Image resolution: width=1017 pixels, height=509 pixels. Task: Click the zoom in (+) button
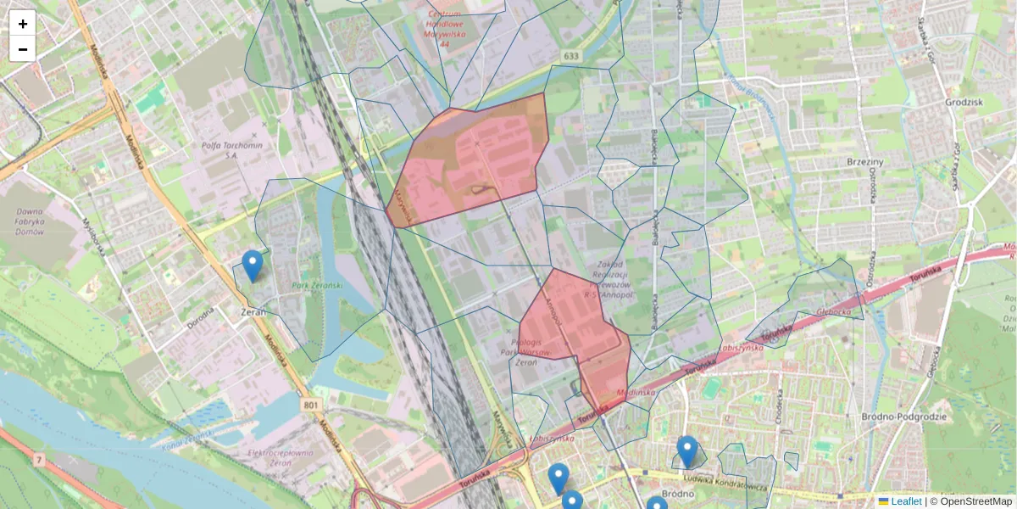tap(23, 24)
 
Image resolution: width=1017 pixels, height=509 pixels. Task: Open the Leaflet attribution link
tap(905, 501)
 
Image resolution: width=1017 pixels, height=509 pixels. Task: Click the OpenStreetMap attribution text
tap(975, 501)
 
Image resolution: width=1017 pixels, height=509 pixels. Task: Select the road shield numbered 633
tap(570, 56)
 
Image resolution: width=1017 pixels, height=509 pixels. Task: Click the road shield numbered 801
tap(311, 406)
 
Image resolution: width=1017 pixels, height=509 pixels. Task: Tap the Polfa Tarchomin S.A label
tap(231, 150)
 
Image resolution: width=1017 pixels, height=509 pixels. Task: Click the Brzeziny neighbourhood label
tap(865, 161)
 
